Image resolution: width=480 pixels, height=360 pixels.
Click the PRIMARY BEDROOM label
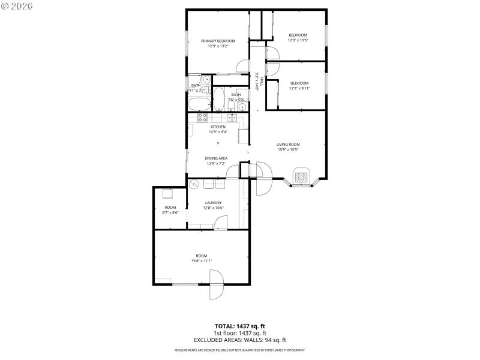(x=218, y=41)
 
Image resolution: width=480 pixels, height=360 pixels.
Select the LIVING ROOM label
(x=288, y=144)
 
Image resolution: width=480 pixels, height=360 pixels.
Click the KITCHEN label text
(x=218, y=127)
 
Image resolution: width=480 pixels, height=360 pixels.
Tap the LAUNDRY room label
(x=214, y=203)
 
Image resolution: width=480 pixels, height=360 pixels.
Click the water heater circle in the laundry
(x=194, y=184)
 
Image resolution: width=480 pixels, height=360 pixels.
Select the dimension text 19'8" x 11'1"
(x=202, y=260)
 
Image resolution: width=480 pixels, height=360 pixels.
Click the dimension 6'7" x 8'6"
(x=170, y=212)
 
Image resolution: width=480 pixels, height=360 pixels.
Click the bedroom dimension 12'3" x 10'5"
(x=298, y=40)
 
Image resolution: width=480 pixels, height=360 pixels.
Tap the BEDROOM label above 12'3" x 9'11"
(x=299, y=83)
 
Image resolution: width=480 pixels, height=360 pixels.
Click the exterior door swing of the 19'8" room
(x=216, y=285)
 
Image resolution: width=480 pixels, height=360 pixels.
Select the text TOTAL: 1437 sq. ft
(x=240, y=326)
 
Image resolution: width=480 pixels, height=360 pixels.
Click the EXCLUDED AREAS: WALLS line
(x=240, y=340)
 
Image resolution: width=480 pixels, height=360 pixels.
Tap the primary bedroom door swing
(x=242, y=66)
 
